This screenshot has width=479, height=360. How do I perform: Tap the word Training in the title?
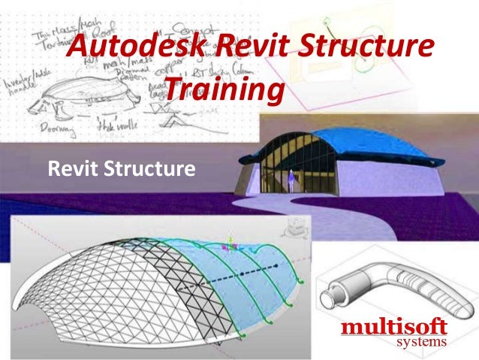[x=224, y=91]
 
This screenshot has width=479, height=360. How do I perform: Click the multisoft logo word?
[x=393, y=328]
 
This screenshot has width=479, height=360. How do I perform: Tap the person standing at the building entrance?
[x=290, y=179]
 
